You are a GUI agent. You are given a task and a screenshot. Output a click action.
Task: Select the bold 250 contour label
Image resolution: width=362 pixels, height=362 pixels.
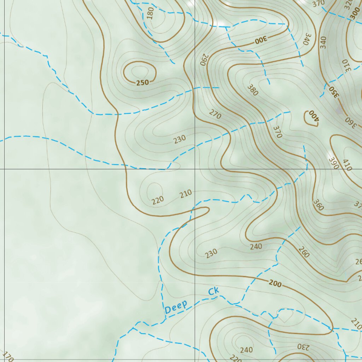[x=142, y=83]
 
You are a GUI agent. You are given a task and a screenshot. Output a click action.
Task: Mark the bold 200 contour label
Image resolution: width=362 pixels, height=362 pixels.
[x=275, y=284]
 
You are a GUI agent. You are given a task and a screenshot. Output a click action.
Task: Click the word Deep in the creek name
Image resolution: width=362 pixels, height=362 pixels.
[x=176, y=307]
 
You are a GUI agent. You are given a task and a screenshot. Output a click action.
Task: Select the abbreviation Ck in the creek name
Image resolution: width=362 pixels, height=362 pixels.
[x=214, y=292]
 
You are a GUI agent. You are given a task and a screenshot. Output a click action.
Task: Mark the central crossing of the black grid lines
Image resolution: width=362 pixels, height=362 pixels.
[x=195, y=169]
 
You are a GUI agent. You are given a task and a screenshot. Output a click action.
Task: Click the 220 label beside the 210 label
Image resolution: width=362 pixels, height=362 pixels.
[x=158, y=200]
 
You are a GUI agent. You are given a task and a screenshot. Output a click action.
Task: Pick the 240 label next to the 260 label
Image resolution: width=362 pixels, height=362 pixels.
[x=256, y=246]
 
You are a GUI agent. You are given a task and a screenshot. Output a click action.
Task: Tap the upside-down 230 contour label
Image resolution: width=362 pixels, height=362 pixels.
[x=303, y=346]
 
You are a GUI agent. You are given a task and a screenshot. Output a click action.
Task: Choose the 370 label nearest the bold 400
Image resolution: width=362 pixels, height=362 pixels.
[x=277, y=132]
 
